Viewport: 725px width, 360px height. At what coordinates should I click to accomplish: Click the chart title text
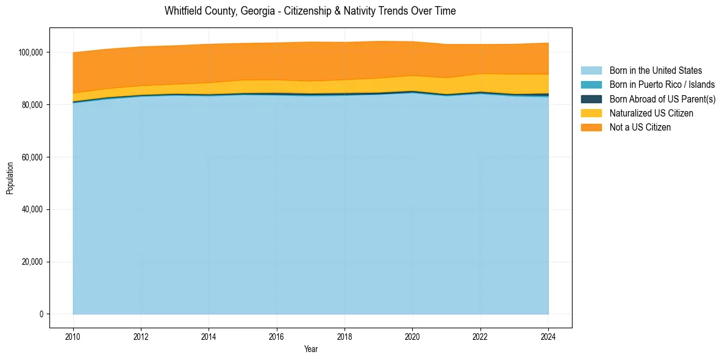point(310,11)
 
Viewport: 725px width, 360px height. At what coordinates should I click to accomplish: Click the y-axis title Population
point(10,178)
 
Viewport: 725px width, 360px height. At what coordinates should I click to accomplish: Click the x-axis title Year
point(310,350)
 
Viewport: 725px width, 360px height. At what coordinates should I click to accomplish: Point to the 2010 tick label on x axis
point(73,336)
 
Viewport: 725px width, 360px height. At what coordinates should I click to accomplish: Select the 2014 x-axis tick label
point(209,336)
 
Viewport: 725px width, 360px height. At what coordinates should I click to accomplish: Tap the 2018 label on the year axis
point(345,336)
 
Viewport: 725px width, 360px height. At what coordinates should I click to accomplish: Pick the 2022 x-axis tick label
point(480,336)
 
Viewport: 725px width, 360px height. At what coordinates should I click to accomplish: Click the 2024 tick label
point(548,336)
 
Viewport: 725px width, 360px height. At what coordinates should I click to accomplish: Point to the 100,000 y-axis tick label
point(30,52)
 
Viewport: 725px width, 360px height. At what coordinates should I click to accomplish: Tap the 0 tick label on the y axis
point(41,314)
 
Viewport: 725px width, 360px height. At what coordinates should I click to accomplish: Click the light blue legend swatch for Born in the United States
point(591,71)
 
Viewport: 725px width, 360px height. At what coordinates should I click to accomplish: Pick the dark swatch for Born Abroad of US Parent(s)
point(591,99)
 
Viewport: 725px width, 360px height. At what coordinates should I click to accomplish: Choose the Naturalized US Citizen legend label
point(651,113)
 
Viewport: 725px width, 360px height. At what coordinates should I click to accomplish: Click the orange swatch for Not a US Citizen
point(591,128)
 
